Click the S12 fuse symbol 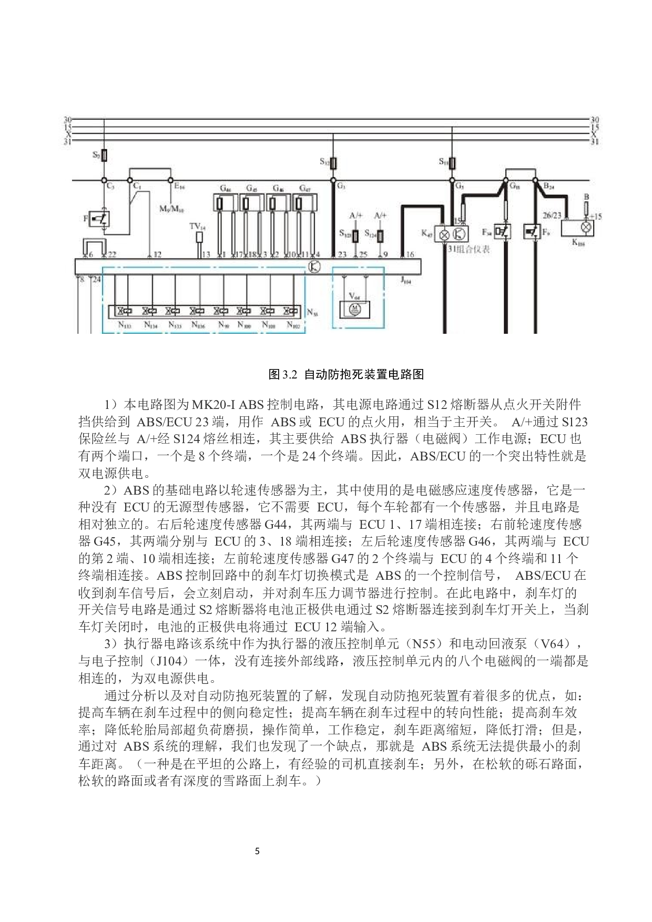click(333, 162)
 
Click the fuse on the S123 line click(355, 235)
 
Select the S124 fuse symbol click(380, 235)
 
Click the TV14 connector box click(199, 237)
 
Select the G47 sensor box click(305, 202)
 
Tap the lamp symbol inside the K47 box click(445, 234)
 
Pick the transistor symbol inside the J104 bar click(314, 267)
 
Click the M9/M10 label click(171, 209)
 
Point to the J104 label click(405, 281)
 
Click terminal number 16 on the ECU click(410, 254)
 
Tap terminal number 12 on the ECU click(157, 254)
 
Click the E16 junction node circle click(170, 180)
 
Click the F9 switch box click(532, 231)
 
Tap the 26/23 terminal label click(552, 215)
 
